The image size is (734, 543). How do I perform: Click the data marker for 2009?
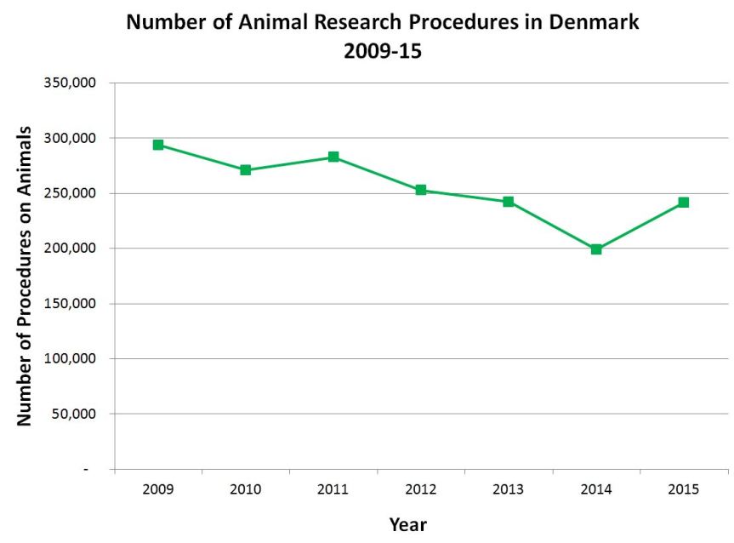[x=158, y=145]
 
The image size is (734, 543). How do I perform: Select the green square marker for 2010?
[x=246, y=170]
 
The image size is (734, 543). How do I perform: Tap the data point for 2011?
[x=333, y=157]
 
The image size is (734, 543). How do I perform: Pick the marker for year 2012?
[x=421, y=190]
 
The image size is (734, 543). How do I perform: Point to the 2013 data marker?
[x=509, y=202]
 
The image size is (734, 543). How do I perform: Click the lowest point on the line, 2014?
[x=596, y=249]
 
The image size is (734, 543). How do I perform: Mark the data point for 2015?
[x=684, y=203]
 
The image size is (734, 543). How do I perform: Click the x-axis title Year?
[x=408, y=524]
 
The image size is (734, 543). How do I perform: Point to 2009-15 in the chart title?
[x=383, y=51]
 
